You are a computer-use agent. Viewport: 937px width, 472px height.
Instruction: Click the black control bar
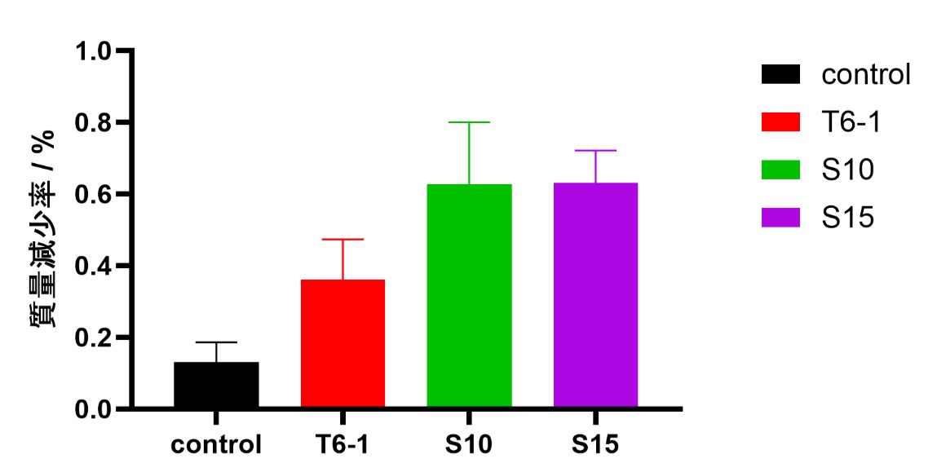216,384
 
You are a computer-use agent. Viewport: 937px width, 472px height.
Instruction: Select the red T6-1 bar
343,343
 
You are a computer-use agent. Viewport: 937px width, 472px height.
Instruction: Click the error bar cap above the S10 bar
469,122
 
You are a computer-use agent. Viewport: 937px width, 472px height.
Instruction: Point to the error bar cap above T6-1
343,240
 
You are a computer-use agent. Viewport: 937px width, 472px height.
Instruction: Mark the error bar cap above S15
595,151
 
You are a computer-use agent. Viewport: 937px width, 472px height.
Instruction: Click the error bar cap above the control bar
216,342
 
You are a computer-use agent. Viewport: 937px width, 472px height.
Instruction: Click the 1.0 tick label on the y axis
98,51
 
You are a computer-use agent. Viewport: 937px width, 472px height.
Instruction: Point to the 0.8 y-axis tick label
98,123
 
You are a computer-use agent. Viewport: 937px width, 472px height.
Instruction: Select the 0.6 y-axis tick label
98,195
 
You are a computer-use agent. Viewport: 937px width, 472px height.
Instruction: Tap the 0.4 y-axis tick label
98,267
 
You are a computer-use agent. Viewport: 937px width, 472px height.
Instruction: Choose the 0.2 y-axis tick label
98,337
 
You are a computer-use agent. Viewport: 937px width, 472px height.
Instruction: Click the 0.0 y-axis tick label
98,409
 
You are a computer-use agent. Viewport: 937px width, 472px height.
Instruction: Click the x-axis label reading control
216,445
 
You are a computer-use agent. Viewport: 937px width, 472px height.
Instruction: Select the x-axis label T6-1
343,445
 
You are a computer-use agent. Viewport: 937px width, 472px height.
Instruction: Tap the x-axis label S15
595,445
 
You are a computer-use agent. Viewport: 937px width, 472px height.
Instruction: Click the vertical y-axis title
43,228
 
